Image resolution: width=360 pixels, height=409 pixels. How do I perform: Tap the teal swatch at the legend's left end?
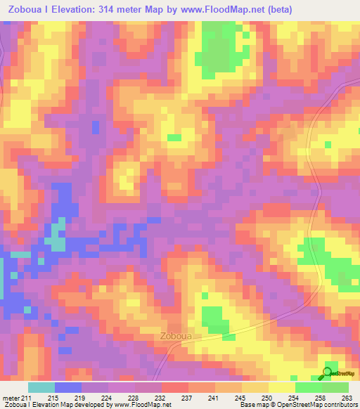tap(41, 387)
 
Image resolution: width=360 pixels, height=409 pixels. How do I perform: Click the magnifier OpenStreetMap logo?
tap(328, 373)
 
